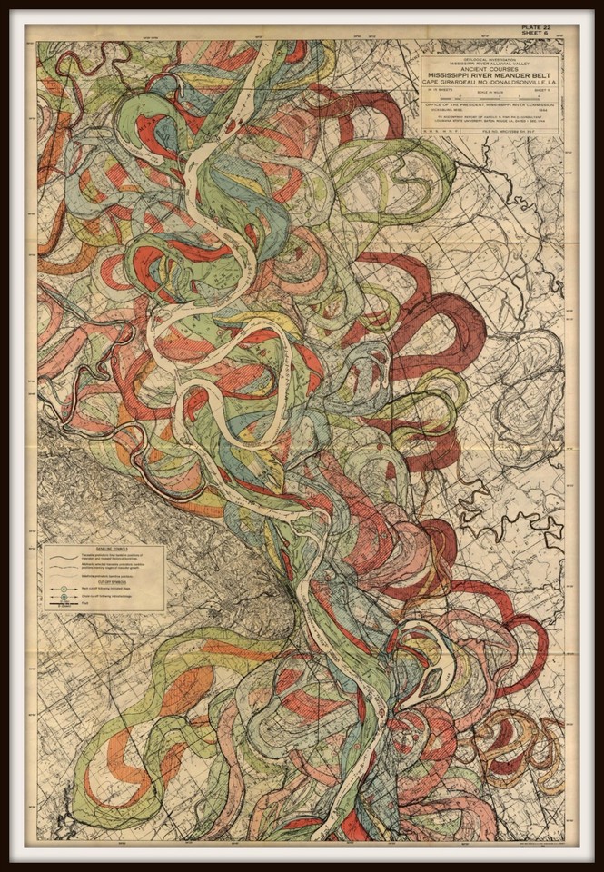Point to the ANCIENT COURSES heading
coord(490,70)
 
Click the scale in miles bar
coord(491,98)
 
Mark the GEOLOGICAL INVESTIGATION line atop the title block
coord(490,59)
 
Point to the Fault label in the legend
coord(84,604)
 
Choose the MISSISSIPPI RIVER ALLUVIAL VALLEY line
coord(490,64)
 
